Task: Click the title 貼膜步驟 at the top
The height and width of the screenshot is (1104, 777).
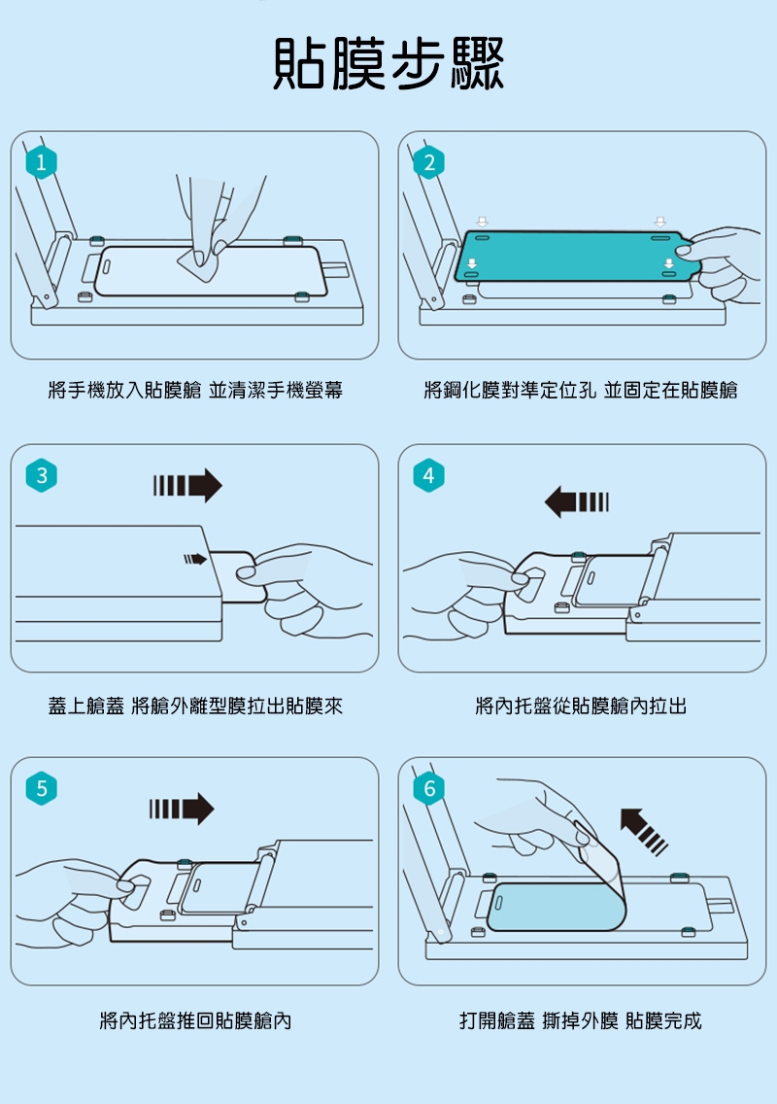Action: click(x=388, y=63)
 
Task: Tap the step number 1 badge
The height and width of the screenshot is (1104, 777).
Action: click(x=42, y=162)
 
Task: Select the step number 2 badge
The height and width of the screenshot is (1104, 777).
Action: click(x=428, y=162)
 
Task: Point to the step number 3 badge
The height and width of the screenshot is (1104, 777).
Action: click(x=42, y=475)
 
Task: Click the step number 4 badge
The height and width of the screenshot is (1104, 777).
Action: click(x=428, y=475)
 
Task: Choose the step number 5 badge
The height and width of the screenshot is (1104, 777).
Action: click(x=42, y=788)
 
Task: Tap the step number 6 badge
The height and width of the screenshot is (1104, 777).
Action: click(x=428, y=788)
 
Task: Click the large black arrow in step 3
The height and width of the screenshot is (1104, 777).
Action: click(x=187, y=485)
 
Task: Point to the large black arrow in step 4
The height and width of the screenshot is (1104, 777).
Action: click(x=576, y=502)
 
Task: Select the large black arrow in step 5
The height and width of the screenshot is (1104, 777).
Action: click(x=182, y=809)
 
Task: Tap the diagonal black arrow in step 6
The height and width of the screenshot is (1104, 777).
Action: click(x=643, y=832)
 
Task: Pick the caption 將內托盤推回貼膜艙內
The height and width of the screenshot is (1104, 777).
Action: click(x=195, y=1020)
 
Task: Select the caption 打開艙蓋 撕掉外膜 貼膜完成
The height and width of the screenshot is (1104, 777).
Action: click(x=581, y=1020)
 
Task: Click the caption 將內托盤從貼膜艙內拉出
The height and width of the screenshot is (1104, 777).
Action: click(x=581, y=706)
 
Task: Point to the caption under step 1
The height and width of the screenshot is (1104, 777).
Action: click(x=195, y=390)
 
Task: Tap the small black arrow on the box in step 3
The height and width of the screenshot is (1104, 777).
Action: click(x=195, y=559)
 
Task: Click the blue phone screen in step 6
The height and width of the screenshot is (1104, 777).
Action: click(x=556, y=907)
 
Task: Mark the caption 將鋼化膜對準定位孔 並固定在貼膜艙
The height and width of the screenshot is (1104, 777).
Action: click(x=581, y=390)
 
